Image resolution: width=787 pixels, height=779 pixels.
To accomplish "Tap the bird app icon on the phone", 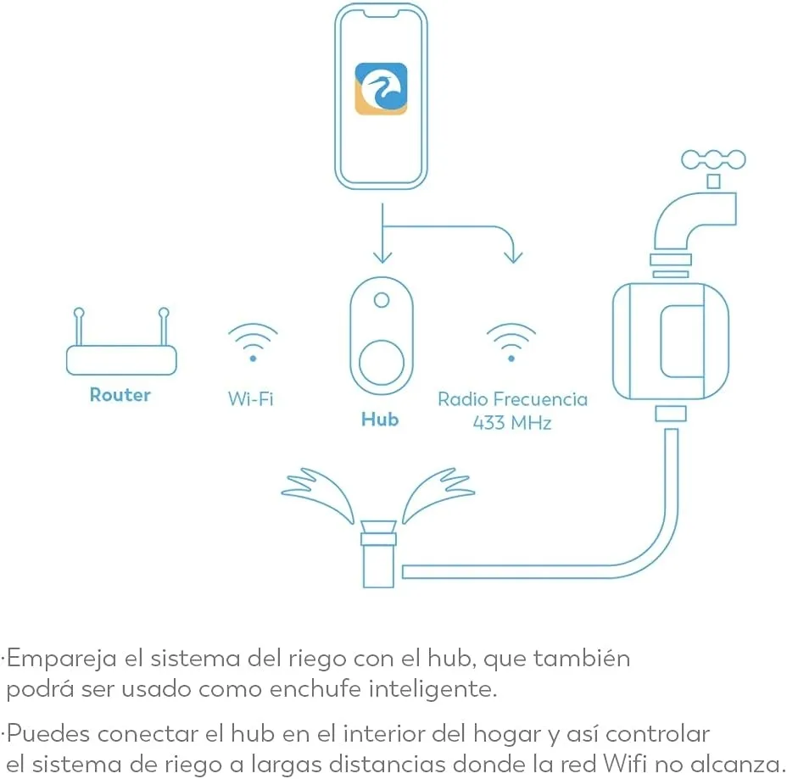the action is click(x=381, y=89).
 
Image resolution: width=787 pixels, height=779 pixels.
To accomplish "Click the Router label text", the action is click(x=120, y=395).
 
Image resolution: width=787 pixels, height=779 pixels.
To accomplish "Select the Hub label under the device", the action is click(x=380, y=420).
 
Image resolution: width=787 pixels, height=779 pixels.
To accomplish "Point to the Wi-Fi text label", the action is click(x=250, y=399).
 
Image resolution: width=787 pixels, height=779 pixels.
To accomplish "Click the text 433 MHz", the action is click(x=512, y=423).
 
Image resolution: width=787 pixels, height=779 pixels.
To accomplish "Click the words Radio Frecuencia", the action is click(x=512, y=399).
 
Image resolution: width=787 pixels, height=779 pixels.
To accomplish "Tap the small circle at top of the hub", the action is click(x=382, y=300).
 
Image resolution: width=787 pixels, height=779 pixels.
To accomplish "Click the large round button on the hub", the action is click(x=382, y=363).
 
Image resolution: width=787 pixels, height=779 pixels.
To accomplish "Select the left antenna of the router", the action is click(x=79, y=326).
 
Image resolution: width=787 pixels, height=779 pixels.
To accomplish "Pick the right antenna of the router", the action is click(x=164, y=326).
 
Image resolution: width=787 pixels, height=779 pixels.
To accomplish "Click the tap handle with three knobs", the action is click(x=713, y=160).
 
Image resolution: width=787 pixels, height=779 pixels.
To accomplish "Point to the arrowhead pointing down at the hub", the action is click(x=382, y=258).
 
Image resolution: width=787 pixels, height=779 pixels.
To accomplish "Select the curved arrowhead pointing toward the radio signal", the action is click(x=513, y=256).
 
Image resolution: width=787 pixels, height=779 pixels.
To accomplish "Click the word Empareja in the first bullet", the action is click(x=62, y=659).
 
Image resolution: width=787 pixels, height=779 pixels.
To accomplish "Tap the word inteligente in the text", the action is click(x=433, y=688).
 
